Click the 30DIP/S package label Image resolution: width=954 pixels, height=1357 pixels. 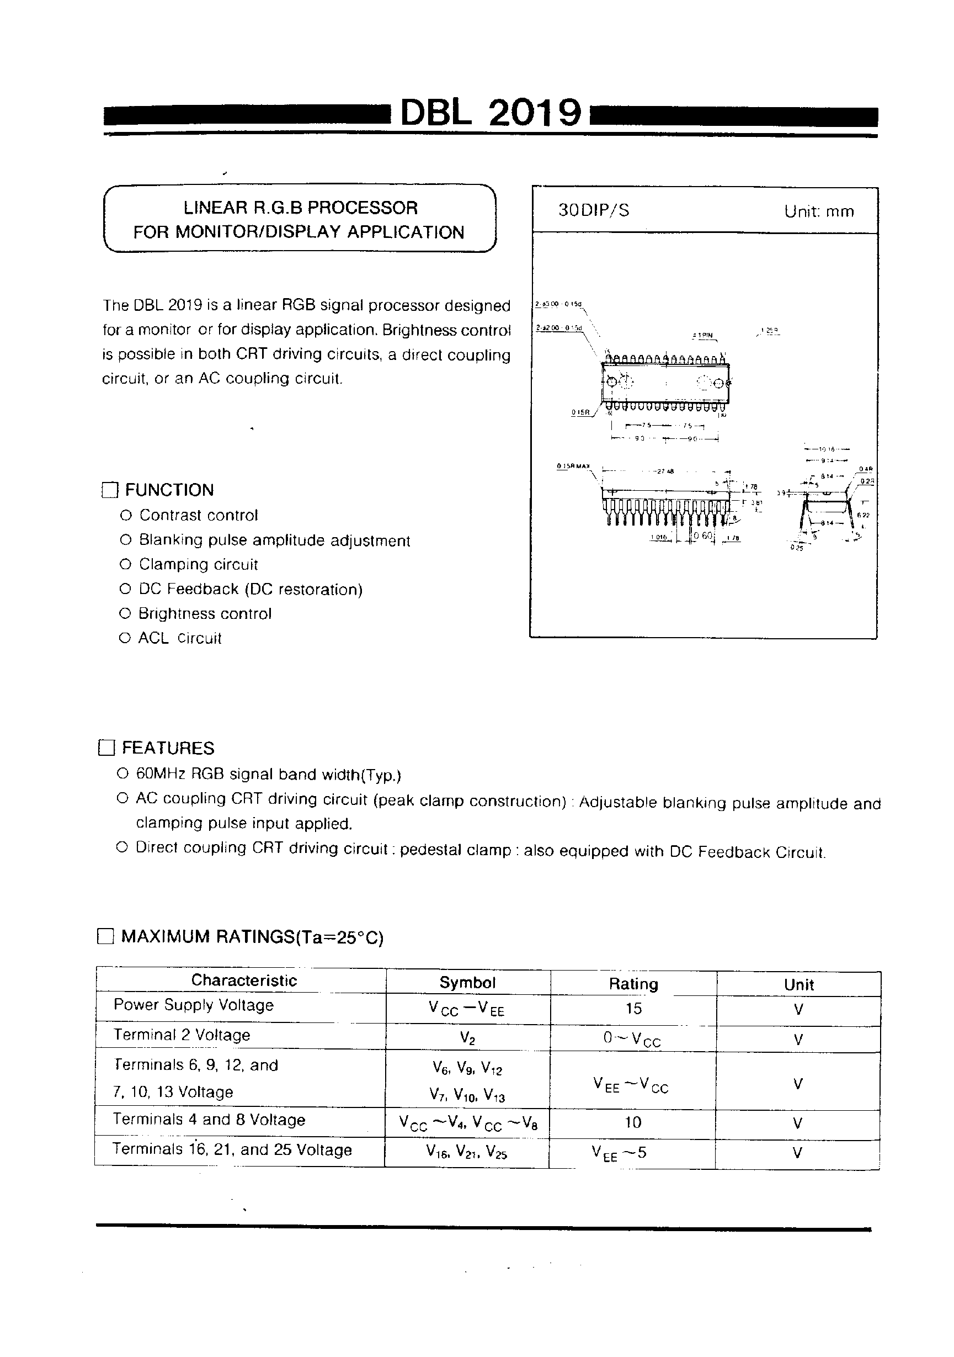594,210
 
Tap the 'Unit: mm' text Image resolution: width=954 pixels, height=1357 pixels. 819,211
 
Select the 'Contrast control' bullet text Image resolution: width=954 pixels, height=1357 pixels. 199,516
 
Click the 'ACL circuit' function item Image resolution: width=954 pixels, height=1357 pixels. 179,638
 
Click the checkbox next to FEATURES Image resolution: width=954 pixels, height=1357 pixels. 106,748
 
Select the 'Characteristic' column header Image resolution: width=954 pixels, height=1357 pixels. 244,980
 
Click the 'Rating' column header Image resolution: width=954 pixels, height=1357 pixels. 633,984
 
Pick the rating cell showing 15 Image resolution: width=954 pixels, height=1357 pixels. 633,1008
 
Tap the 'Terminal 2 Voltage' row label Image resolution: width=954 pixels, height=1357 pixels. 182,1035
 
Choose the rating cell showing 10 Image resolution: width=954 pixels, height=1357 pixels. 633,1122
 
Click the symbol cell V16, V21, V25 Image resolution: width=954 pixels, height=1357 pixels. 466,1151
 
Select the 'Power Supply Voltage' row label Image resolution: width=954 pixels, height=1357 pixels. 194,1005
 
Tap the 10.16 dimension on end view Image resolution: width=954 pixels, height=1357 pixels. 827,450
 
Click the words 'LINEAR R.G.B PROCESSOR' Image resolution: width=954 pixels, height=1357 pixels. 300,208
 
